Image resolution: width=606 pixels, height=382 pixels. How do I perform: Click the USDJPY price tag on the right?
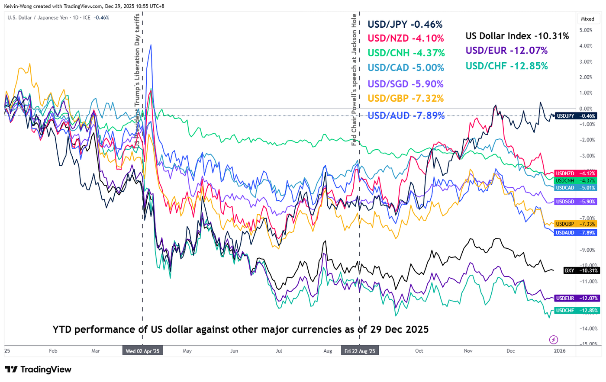(x=575, y=116)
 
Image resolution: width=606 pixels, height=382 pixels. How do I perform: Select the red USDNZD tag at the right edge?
(x=575, y=173)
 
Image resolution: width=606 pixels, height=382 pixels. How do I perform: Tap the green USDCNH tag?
(x=575, y=180)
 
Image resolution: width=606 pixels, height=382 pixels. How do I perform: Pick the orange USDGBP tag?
(x=575, y=224)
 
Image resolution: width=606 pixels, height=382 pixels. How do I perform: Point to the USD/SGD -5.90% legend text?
(x=405, y=84)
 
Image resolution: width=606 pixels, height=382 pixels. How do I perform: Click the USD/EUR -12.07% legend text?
(x=506, y=51)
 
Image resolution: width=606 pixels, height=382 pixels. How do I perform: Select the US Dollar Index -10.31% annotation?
(x=517, y=36)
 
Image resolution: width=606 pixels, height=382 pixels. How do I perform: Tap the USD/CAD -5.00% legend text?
(x=406, y=68)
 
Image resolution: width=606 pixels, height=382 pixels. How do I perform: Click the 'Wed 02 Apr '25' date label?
(x=143, y=351)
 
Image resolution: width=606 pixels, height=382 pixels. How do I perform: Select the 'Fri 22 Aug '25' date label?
(x=360, y=351)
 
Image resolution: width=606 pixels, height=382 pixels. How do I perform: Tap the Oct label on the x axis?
(x=419, y=351)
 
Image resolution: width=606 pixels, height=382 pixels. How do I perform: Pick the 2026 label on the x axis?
(x=560, y=351)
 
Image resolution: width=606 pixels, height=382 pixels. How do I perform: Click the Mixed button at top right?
(x=587, y=19)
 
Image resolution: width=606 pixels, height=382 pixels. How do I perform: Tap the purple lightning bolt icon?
(x=553, y=340)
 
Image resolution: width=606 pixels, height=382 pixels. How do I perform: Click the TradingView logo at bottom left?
(x=38, y=369)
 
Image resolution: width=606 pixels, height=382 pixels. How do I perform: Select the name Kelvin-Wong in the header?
(x=18, y=6)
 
